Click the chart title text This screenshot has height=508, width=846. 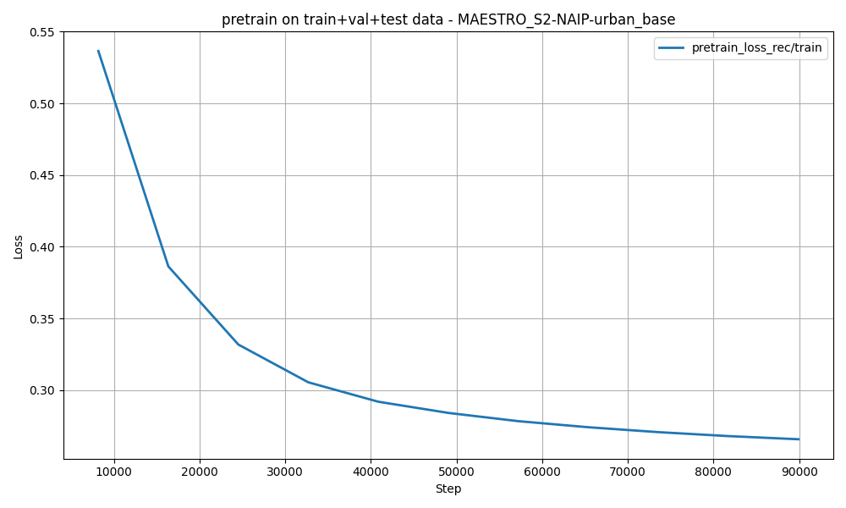pos(448,19)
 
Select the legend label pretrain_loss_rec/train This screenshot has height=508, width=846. pos(756,48)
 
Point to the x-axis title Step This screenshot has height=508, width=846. pos(448,489)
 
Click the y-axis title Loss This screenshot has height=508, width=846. pos(19,246)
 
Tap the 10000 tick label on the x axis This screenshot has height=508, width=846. pos(113,472)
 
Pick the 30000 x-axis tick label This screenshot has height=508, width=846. pos(285,472)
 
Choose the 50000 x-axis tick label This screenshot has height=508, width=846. pos(456,472)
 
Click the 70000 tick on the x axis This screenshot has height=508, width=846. pos(628,472)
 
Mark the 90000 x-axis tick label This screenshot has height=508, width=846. pos(799,472)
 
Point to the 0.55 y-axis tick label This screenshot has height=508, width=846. pos(42,32)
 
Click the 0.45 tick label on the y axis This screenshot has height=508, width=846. pos(42,175)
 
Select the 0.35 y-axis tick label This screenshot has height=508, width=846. pos(42,319)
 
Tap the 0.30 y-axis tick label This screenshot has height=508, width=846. pos(42,390)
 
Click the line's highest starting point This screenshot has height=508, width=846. pos(98,51)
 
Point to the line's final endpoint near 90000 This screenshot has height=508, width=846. pos(799,439)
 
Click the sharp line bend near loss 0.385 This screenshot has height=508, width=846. pos(168,267)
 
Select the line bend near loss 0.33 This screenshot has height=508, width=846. pos(238,345)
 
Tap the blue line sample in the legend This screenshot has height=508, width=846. pos(672,48)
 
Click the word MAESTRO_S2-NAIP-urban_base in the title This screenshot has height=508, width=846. pos(566,19)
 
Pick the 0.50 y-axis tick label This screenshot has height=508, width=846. pos(42,104)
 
